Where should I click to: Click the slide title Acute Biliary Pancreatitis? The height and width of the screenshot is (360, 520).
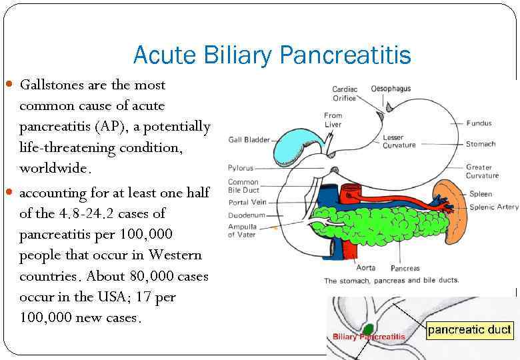271,55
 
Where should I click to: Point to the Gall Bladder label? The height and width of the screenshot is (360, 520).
249,140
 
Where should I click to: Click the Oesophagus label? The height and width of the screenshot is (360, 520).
391,89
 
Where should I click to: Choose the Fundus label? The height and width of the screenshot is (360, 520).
479,123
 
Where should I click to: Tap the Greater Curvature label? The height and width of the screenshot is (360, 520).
482,171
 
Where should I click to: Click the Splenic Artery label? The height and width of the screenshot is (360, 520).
493,207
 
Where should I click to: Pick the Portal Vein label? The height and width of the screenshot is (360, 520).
247,203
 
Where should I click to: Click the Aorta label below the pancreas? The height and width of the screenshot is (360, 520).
366,268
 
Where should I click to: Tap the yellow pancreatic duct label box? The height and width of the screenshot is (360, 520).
469,329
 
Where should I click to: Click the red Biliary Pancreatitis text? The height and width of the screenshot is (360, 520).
369,337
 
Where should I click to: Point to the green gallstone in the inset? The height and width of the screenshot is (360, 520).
367,329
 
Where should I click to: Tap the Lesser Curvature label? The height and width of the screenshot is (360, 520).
399,141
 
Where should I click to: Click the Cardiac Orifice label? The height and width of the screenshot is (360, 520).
345,93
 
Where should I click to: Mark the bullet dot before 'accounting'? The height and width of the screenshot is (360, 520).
9,193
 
